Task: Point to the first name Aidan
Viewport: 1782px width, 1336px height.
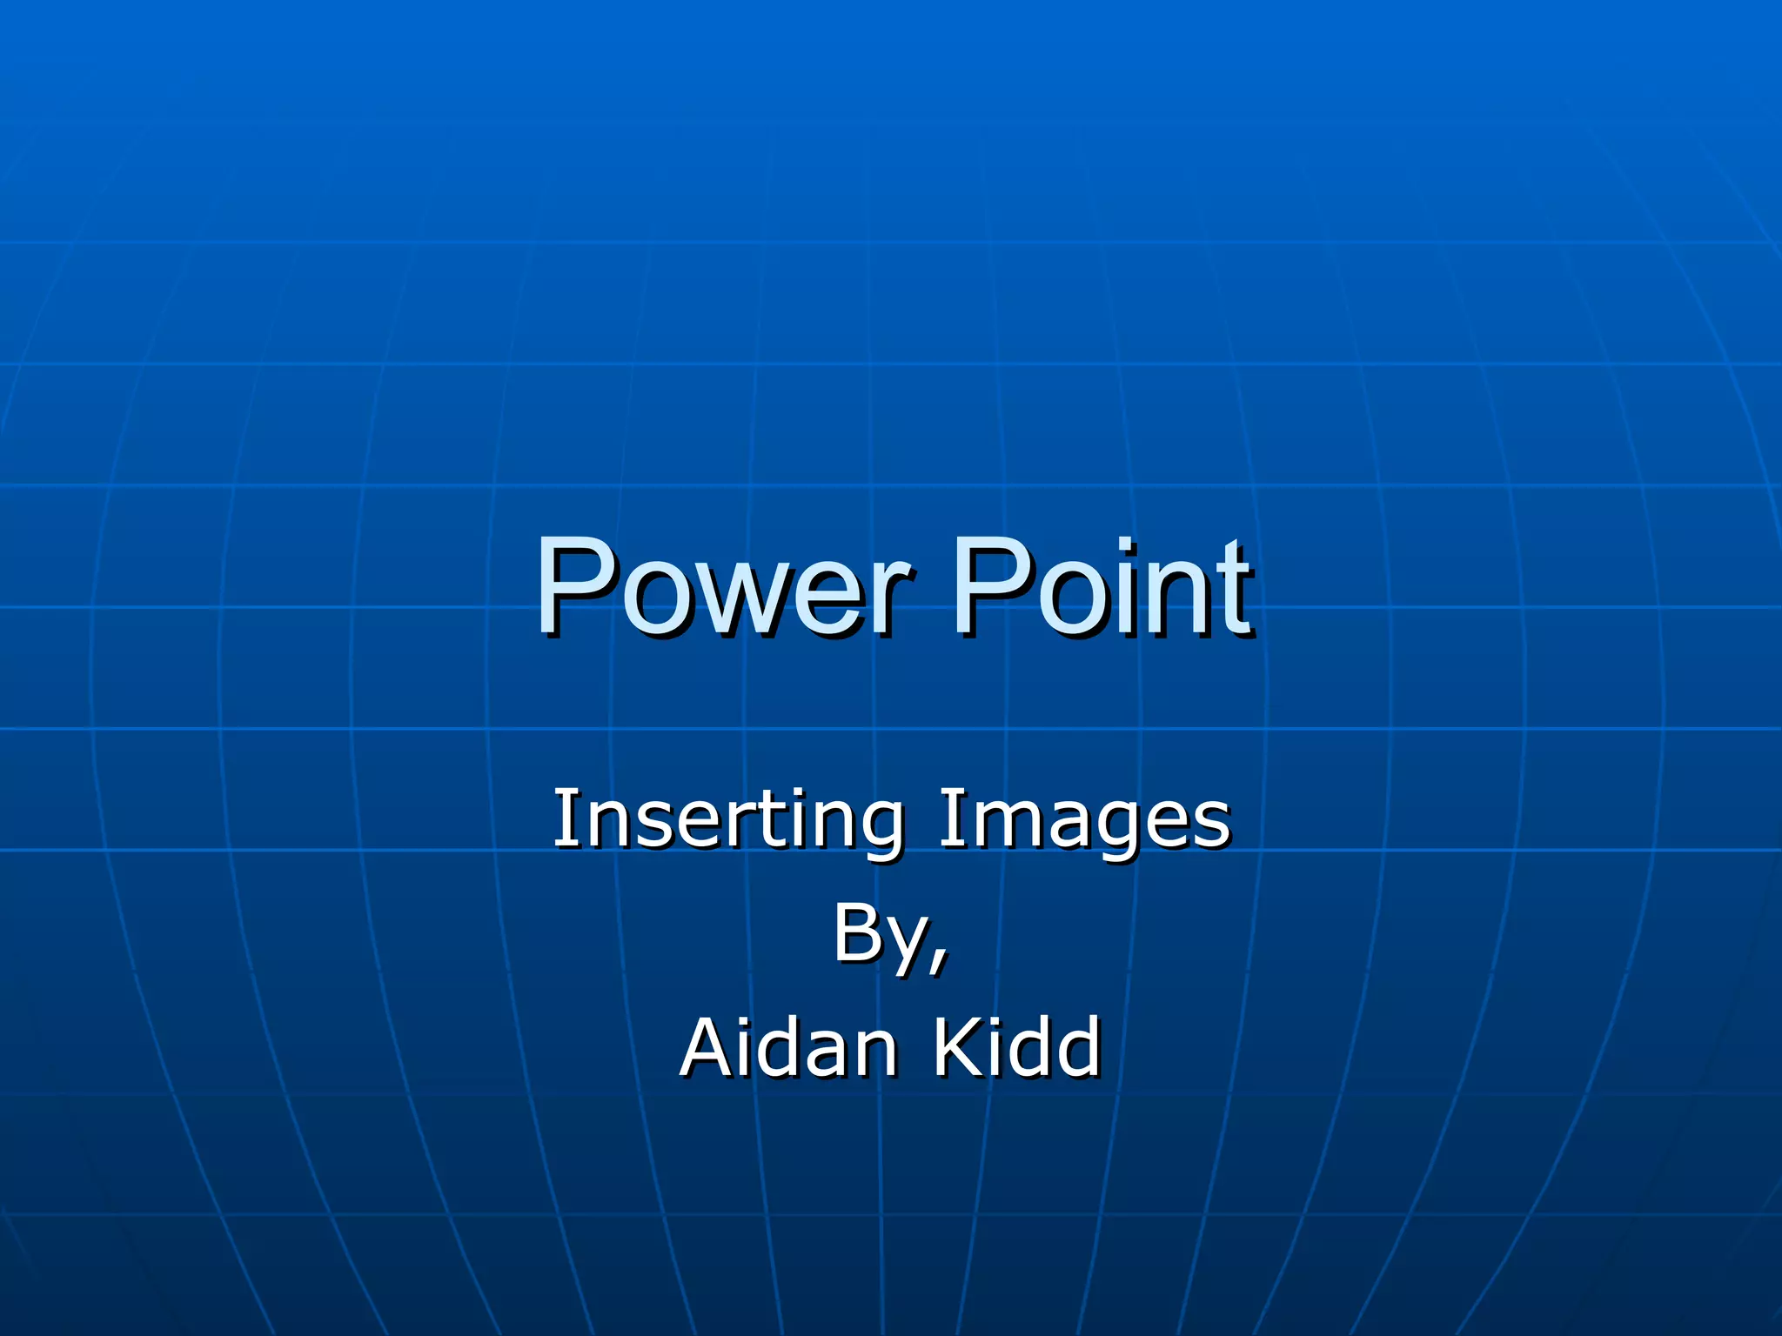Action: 788,1047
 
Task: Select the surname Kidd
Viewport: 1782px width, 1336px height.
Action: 1017,1047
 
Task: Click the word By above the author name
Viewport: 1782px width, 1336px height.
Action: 879,935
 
